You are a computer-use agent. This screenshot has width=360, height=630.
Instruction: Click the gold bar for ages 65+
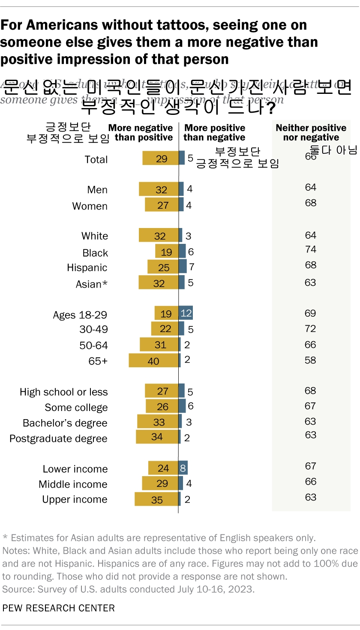tap(153, 360)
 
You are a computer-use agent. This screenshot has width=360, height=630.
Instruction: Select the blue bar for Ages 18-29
tap(186, 313)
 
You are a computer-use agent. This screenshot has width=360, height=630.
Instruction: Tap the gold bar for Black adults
tap(167, 252)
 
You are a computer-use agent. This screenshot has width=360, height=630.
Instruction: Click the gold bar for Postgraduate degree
tap(157, 437)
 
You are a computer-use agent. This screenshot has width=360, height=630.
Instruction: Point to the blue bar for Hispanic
tap(183, 267)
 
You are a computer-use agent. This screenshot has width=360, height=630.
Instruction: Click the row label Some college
tap(76, 408)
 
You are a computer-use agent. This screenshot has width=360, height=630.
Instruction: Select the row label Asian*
tap(91, 284)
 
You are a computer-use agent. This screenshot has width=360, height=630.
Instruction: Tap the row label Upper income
tap(75, 499)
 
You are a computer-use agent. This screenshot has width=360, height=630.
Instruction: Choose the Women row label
tap(90, 206)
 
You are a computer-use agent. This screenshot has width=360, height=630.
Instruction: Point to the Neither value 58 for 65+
tap(311, 360)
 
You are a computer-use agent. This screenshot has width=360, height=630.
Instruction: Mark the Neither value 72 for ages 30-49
tap(311, 329)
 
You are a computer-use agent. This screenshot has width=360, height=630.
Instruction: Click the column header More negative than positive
tap(141, 133)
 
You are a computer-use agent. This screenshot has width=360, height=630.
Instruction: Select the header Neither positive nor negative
tap(311, 133)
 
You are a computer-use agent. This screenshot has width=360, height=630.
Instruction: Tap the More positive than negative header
tap(214, 133)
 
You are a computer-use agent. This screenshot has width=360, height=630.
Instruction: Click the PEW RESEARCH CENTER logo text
tap(59, 608)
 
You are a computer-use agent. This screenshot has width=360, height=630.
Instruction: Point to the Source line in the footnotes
tap(129, 589)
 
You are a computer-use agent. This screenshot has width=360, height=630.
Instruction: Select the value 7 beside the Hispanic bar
tap(192, 267)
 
